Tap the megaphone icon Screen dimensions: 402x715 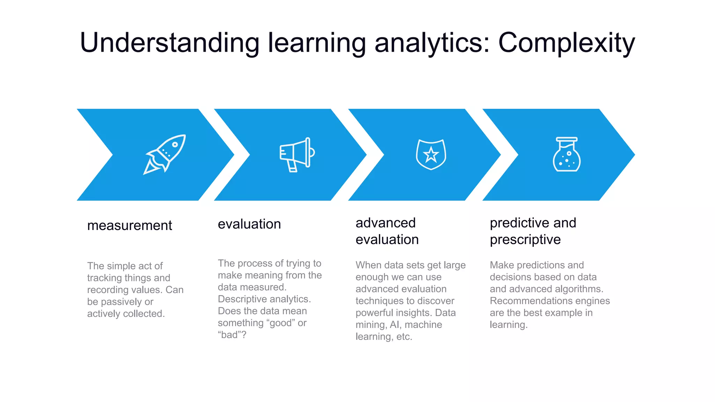click(297, 155)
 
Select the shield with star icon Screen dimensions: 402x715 click(431, 155)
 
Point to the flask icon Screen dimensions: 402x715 click(566, 155)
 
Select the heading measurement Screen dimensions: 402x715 click(130, 225)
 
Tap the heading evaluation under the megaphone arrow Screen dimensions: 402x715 click(249, 224)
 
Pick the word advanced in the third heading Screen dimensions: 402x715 click(385, 223)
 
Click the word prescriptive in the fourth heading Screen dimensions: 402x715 click(525, 240)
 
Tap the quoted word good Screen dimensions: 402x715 click(281, 323)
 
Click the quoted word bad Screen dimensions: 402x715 click(229, 335)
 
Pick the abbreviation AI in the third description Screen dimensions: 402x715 click(394, 325)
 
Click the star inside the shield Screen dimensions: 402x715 click(431, 155)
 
